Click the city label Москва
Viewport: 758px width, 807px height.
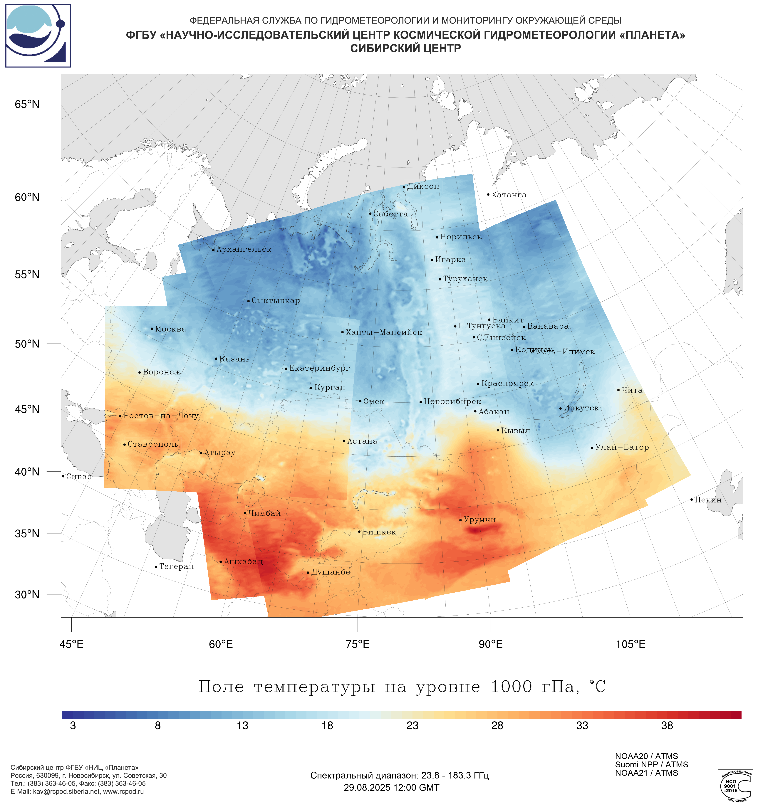170,329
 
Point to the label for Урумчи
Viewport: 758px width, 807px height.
480,520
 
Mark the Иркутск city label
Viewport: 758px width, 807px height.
581,408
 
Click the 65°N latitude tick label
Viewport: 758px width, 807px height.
27,104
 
